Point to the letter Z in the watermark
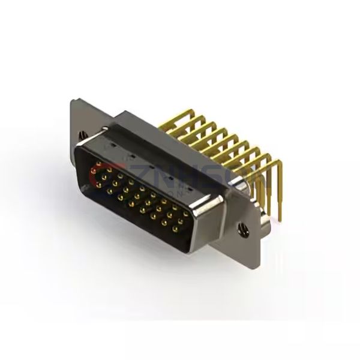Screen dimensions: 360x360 (x=127, y=173)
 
